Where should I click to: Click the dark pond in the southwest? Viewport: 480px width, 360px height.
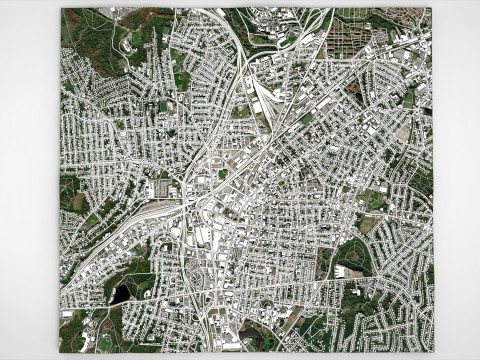[x=121, y=293]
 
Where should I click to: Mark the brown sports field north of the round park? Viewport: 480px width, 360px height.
[x=369, y=226]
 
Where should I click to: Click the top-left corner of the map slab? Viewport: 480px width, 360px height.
[x=61, y=9]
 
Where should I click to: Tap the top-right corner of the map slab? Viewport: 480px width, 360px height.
[x=432, y=9]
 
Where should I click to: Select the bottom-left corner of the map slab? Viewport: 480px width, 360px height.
[x=59, y=352]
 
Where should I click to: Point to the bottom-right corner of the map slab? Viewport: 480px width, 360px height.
[x=434, y=352]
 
